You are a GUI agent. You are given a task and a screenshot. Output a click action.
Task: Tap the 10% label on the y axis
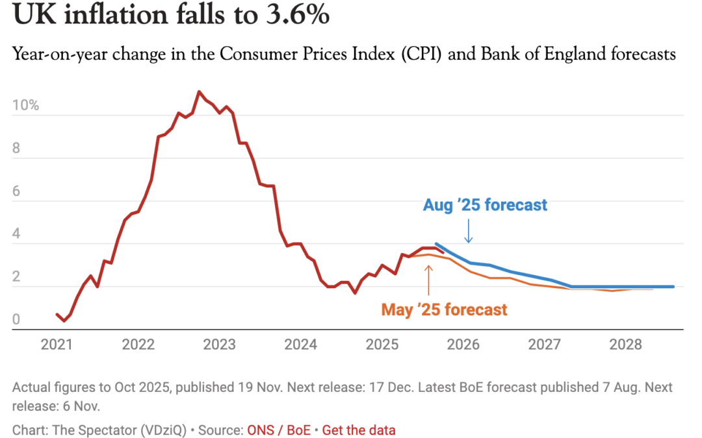[x=25, y=106]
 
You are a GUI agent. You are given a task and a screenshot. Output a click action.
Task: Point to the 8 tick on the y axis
[x=17, y=149]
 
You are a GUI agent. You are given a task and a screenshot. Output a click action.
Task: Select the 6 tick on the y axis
[x=17, y=191]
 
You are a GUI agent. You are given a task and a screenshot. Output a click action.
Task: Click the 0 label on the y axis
[x=17, y=319]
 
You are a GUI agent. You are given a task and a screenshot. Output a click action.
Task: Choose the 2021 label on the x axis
[x=57, y=344]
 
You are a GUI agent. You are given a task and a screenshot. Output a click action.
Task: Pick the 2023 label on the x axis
[x=220, y=344]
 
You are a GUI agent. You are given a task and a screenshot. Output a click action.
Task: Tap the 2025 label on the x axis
[x=382, y=344]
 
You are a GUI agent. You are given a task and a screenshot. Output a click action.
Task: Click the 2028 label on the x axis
[x=626, y=344]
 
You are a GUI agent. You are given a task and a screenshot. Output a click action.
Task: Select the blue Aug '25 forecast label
[x=485, y=206]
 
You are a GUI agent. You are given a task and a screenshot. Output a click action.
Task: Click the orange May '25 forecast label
[x=444, y=310]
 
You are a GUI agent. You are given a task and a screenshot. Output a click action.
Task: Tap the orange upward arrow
[x=428, y=277]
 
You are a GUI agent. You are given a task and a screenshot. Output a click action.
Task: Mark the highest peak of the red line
[x=199, y=91]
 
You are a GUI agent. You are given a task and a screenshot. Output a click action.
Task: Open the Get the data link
[x=359, y=430]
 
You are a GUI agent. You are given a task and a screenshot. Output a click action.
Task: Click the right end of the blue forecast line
[x=673, y=286]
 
